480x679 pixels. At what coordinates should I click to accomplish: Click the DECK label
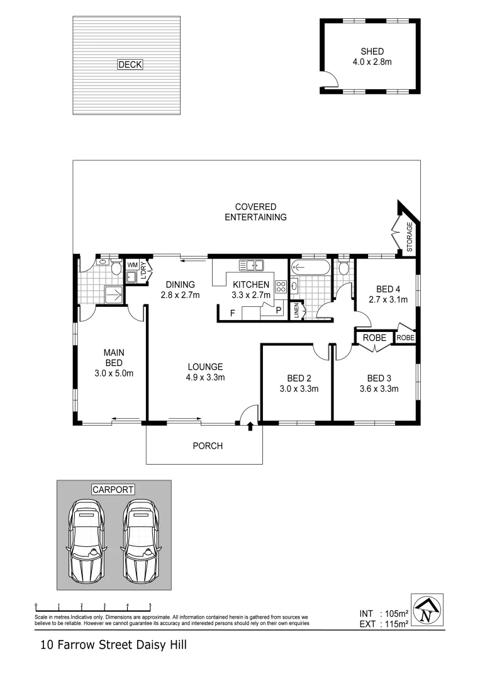(130, 64)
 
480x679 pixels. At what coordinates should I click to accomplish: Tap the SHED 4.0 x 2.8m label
(372, 57)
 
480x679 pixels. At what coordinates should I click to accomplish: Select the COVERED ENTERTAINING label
(256, 212)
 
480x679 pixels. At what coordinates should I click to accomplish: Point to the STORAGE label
(410, 238)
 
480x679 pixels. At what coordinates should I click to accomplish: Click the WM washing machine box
(133, 265)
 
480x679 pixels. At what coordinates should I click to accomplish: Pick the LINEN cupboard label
(297, 311)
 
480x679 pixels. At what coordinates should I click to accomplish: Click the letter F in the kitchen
(232, 313)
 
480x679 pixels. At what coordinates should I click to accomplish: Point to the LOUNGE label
(204, 367)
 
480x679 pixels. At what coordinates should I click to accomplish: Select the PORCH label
(207, 446)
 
